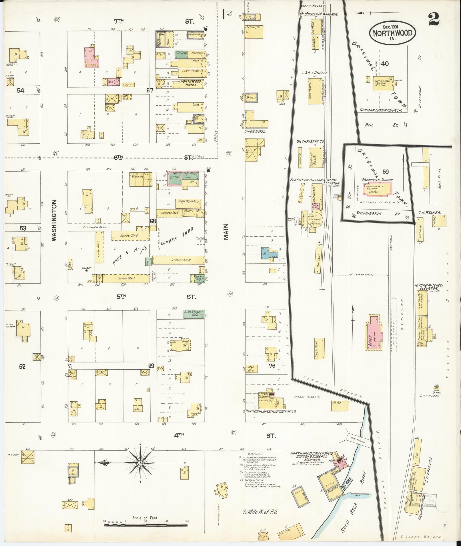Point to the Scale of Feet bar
point(146,525)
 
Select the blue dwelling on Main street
point(269,253)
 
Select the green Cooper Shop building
point(197,278)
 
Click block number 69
point(151,366)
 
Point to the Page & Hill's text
point(130,256)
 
